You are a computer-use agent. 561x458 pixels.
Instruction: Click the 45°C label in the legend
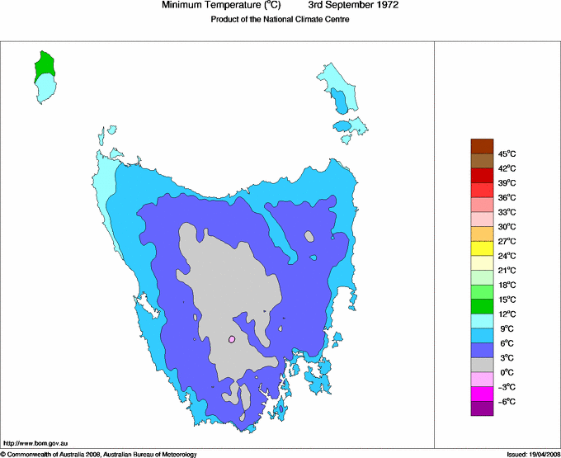507,153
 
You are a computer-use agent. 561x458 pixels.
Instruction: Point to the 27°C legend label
507,241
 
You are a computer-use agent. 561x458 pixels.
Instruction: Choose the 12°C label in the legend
507,314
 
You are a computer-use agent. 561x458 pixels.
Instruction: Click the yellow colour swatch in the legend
482,248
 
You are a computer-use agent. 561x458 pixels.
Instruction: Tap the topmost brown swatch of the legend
482,146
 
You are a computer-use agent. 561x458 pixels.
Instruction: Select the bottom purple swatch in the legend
482,408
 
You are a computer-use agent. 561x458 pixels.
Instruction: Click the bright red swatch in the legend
482,175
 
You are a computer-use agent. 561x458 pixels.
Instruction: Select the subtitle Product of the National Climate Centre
280,20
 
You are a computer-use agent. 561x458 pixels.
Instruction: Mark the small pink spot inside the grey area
233,338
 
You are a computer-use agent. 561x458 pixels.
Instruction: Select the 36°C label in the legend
507,197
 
